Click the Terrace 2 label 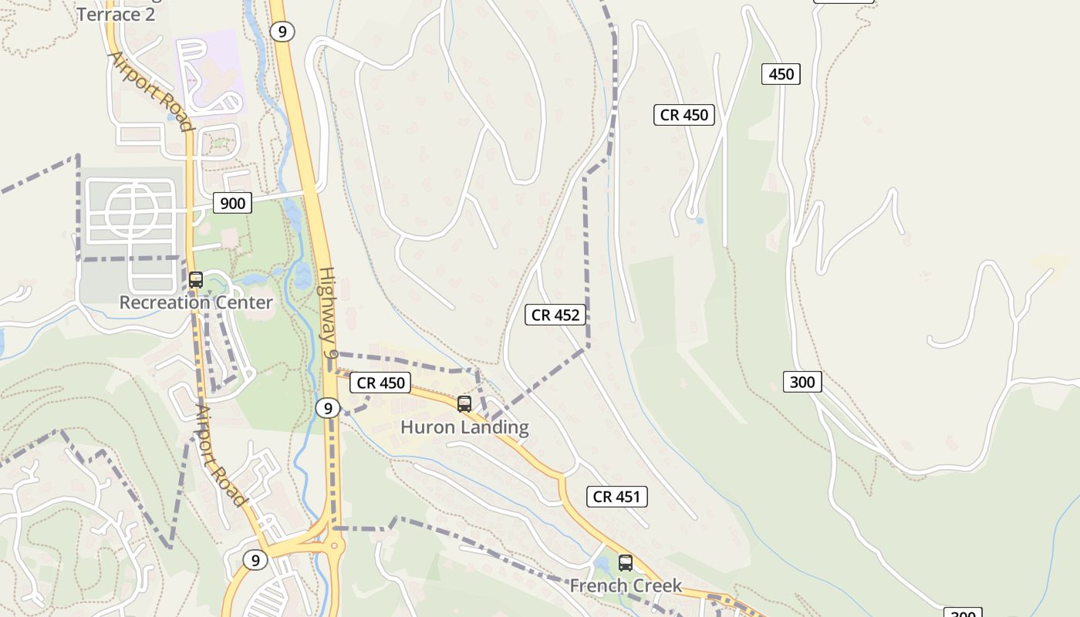click(x=116, y=14)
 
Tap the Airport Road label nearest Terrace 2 click(x=150, y=92)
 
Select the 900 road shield click(x=232, y=203)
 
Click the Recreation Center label click(x=196, y=302)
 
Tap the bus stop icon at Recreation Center click(x=196, y=280)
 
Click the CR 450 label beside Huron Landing click(x=381, y=383)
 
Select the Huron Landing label click(x=464, y=427)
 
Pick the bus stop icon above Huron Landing click(x=464, y=403)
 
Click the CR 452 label click(x=555, y=315)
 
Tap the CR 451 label click(x=616, y=497)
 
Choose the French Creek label click(x=626, y=586)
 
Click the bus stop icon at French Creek click(x=626, y=563)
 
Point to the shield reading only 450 click(x=781, y=74)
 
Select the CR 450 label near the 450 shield click(x=684, y=115)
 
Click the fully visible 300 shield click(x=802, y=382)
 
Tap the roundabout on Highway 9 click(x=335, y=547)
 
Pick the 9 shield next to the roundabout click(x=255, y=560)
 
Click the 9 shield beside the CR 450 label click(x=328, y=408)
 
